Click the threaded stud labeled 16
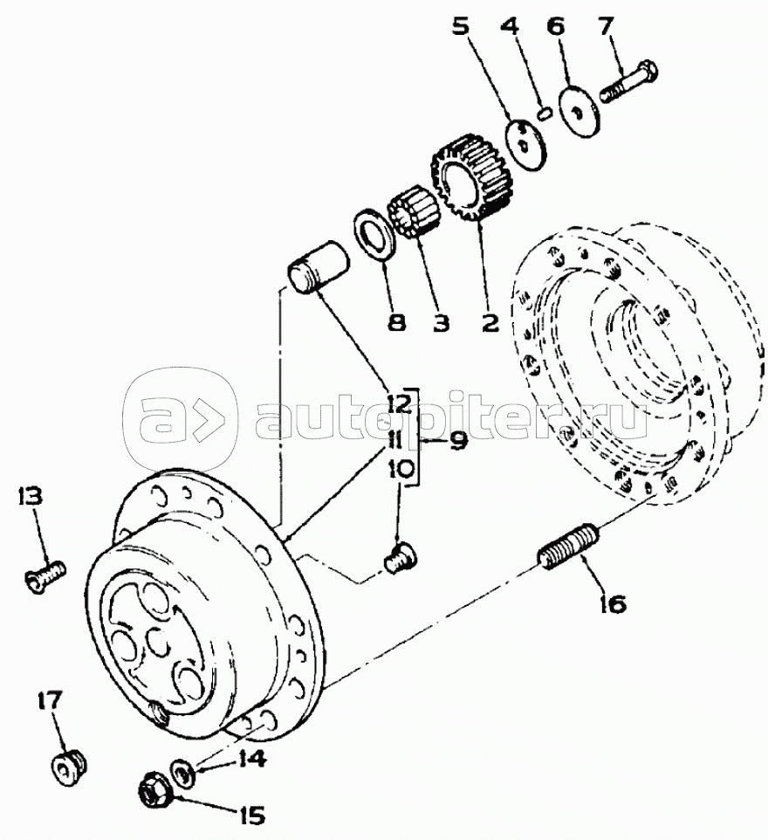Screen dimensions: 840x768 pyautogui.click(x=567, y=547)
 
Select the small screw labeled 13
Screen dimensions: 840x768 pyautogui.click(x=44, y=576)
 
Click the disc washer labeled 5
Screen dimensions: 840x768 pyautogui.click(x=527, y=141)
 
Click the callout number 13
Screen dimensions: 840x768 pyautogui.click(x=30, y=498)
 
